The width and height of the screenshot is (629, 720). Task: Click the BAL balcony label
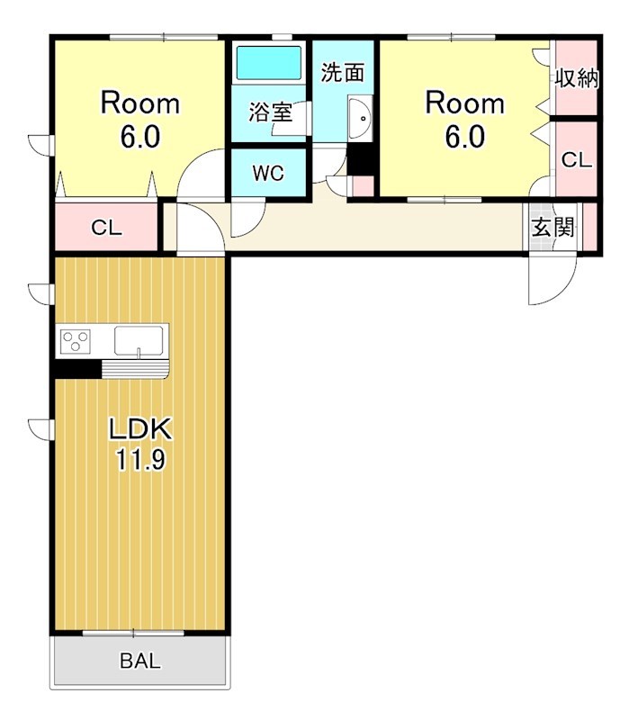[x=140, y=661]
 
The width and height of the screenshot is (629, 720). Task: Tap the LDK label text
[x=140, y=429]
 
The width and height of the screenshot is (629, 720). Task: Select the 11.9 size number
[x=140, y=460]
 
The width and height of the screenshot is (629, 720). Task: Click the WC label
[x=268, y=173]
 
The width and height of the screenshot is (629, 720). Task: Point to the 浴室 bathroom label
[x=271, y=112]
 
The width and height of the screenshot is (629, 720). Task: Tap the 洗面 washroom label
[x=343, y=72]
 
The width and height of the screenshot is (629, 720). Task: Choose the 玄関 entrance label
[x=553, y=227]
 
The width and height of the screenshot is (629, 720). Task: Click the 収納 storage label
[x=577, y=78]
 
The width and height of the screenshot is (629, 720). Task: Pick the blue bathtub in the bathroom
[x=268, y=62]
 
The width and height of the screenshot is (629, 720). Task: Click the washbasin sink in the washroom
[x=361, y=118]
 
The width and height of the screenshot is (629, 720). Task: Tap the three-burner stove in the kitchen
[x=76, y=342]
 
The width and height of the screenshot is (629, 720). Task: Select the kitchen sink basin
[x=139, y=341]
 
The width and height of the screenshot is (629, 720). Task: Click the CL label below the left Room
[x=106, y=228]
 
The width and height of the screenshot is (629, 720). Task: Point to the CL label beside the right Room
[x=577, y=160]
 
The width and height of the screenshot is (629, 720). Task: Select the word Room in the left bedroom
[x=140, y=103]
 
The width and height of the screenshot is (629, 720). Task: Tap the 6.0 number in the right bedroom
[x=464, y=137]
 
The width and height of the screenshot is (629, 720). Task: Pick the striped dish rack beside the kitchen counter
[x=136, y=369]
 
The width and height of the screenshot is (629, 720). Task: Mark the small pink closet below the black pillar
[x=363, y=186]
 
